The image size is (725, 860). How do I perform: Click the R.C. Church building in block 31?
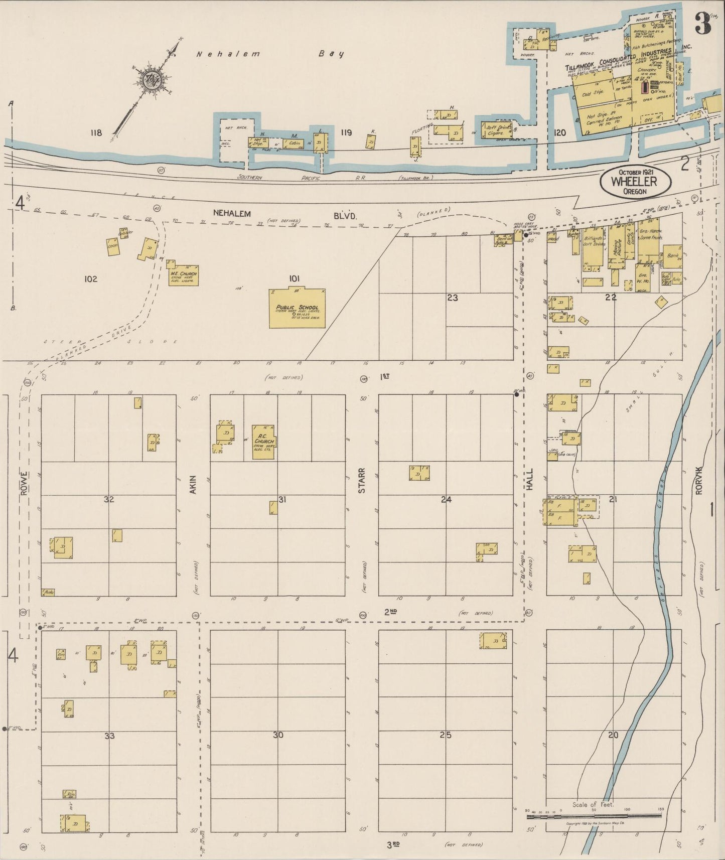tap(263, 442)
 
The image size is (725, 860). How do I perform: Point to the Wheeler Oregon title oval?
tap(635, 182)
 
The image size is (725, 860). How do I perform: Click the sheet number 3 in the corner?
tap(703, 23)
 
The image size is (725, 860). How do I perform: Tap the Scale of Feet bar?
tap(594, 817)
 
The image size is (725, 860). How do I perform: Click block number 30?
tap(277, 735)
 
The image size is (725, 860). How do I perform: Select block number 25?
tap(446, 735)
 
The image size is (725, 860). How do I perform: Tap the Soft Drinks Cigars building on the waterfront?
tap(497, 130)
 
